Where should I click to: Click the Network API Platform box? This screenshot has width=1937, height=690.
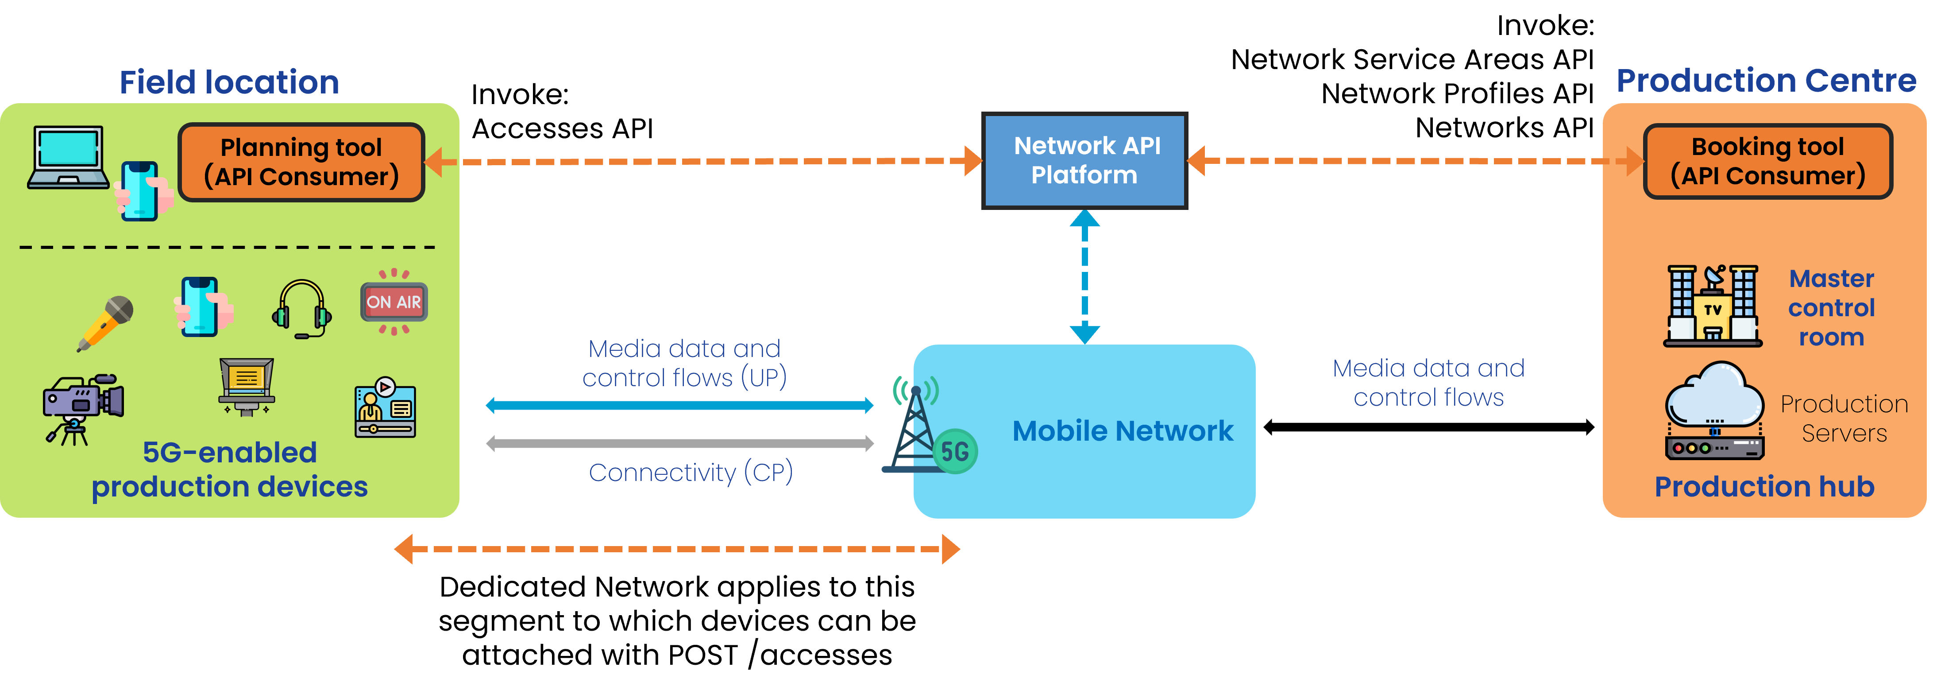tap(1084, 160)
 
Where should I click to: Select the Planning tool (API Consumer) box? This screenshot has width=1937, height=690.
tap(301, 162)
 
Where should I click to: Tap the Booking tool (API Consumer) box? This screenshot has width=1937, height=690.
tap(1768, 161)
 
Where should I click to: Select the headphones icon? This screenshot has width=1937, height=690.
tap(301, 309)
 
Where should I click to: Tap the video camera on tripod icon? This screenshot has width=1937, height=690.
tap(83, 409)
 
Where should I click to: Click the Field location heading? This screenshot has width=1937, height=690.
tap(229, 82)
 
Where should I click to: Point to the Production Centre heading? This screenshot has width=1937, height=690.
tap(1766, 81)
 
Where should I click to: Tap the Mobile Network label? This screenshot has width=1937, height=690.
tap(1123, 431)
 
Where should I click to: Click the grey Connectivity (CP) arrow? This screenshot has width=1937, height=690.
tap(680, 443)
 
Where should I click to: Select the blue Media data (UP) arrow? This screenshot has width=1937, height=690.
tap(680, 406)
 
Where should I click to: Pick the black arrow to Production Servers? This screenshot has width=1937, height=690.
tap(1429, 427)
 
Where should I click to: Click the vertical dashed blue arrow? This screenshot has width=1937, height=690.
tap(1084, 276)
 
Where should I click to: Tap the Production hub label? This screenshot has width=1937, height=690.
tap(1764, 487)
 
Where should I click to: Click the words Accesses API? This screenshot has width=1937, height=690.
tap(563, 129)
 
